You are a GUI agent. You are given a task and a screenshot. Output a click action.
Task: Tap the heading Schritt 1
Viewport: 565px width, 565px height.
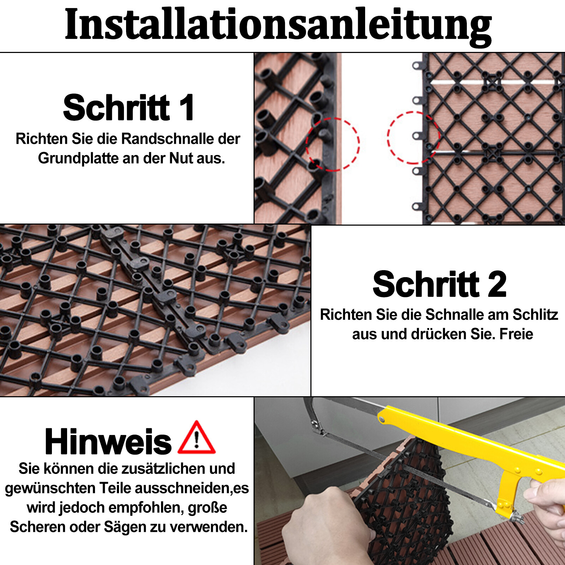click(129, 107)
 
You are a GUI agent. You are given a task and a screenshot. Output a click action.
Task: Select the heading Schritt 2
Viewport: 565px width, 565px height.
click(440, 284)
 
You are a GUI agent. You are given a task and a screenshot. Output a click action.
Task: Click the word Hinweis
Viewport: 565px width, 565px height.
click(108, 441)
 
